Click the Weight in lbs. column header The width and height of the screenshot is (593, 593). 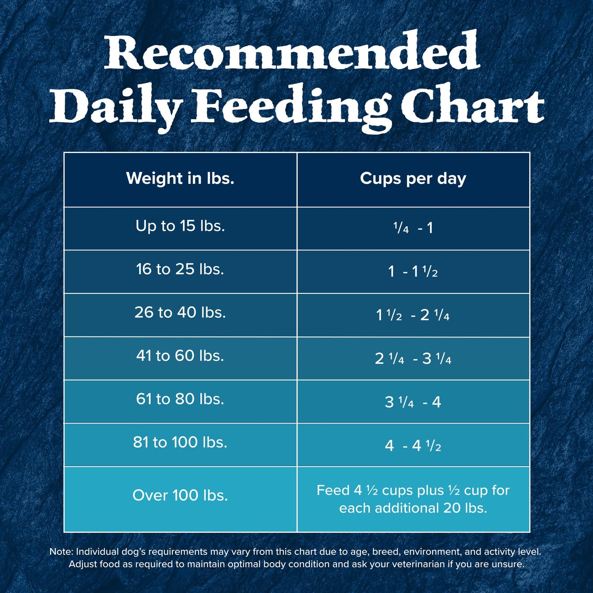[x=180, y=179]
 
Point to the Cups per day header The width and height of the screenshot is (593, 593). [x=413, y=179]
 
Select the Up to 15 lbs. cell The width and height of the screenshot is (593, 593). [x=180, y=226]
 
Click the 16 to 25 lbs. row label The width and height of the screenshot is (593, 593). [x=180, y=269]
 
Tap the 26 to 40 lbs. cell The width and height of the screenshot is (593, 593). [x=180, y=313]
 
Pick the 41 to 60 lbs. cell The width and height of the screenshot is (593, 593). [x=180, y=356]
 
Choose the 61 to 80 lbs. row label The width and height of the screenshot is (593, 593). [x=180, y=399]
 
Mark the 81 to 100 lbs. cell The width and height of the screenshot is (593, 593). [x=180, y=442]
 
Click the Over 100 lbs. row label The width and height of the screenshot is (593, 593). [x=180, y=496]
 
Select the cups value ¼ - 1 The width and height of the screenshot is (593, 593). [x=413, y=228]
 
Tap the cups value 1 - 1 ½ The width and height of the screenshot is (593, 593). [x=413, y=272]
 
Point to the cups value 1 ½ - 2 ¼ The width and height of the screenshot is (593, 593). [x=413, y=315]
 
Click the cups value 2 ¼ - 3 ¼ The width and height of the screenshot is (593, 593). [x=413, y=359]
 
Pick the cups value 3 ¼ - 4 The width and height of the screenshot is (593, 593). [x=413, y=402]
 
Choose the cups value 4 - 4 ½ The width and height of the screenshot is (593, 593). [x=413, y=446]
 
